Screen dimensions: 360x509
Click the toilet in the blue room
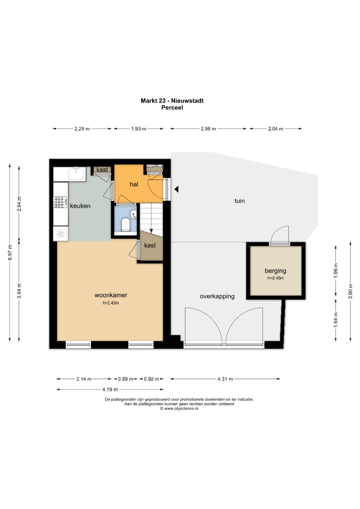[x=125, y=225]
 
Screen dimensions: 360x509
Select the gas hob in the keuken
[x=60, y=202]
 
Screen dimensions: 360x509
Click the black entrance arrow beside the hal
[x=176, y=189]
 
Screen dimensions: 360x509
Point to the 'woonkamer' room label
[x=111, y=295]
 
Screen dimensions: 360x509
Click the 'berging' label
[x=275, y=271]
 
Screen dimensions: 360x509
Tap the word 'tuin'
[x=240, y=201]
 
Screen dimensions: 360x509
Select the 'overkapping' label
[x=217, y=296]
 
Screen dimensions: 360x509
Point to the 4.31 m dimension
[x=225, y=379]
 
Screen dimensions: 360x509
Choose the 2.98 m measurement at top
[x=208, y=129]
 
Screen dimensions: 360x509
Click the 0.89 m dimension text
[x=126, y=379]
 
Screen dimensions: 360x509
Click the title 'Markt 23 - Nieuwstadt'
[x=172, y=100]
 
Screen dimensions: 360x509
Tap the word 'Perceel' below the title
[x=172, y=107]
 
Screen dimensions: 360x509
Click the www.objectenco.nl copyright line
[x=179, y=408]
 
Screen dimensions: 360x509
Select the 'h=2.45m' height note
[x=275, y=278]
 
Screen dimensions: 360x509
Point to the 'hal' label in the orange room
[x=134, y=184]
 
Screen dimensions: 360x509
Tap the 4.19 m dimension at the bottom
[x=110, y=389]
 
